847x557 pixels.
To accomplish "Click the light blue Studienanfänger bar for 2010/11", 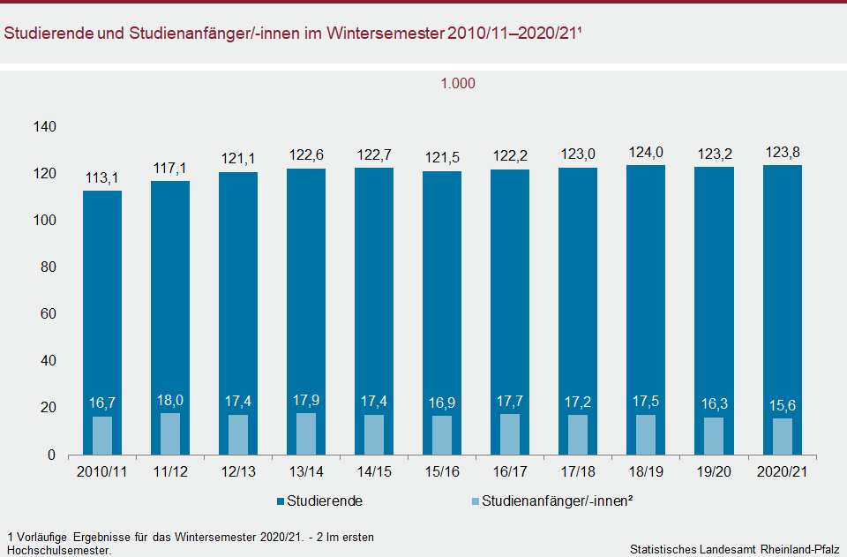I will (102, 435).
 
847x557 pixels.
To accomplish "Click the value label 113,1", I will (102, 178).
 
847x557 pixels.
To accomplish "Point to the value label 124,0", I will (646, 153).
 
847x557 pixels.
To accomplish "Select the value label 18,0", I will (170, 402).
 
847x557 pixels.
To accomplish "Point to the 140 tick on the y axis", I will (44, 127).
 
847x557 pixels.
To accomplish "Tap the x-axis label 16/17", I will (510, 472).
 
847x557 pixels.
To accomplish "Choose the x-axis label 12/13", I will (238, 472).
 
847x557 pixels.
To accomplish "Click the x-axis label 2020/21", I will (782, 472).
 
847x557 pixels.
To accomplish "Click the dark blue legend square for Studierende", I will (281, 501).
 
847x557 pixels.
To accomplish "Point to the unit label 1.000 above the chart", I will (458, 84).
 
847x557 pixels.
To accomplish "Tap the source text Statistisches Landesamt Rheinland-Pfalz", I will (734, 549).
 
